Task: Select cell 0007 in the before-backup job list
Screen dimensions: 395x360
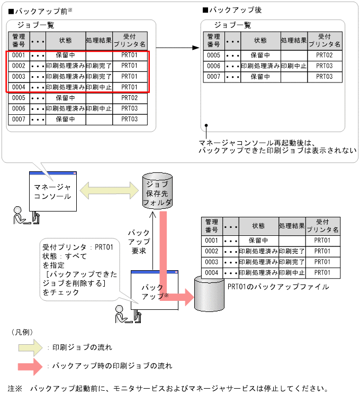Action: pyautogui.click(x=19, y=120)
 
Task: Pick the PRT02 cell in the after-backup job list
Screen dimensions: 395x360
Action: pyautogui.click(x=323, y=55)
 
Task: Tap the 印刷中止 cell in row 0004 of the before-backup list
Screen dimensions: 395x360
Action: pyautogui.click(x=98, y=87)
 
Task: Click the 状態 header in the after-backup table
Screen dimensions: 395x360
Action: pyautogui.click(x=260, y=40)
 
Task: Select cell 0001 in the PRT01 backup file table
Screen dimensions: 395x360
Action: pyautogui.click(x=211, y=240)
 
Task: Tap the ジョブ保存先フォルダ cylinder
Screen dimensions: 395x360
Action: pyautogui.click(x=157, y=192)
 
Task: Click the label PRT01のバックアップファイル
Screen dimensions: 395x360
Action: pyautogui.click(x=278, y=287)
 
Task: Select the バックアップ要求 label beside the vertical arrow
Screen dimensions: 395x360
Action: pyautogui.click(x=139, y=242)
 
